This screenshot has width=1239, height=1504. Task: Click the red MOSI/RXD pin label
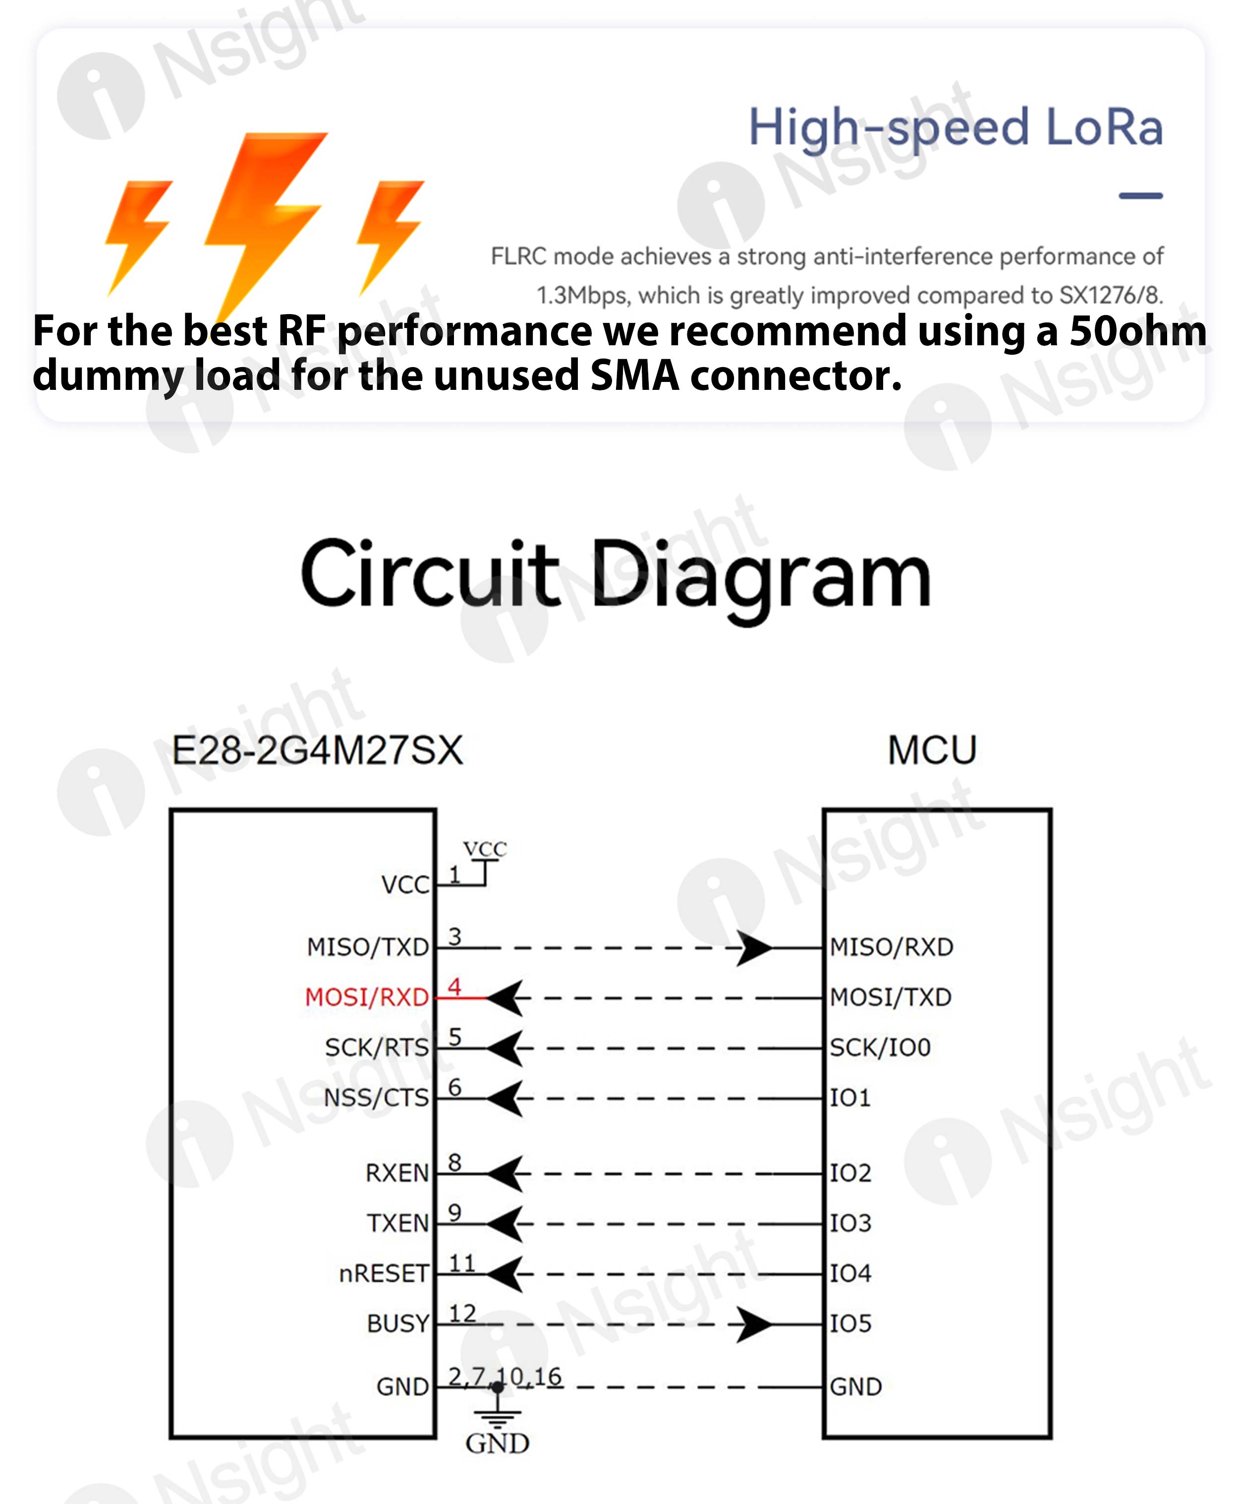coord(366,997)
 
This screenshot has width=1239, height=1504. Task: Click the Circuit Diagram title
coord(615,575)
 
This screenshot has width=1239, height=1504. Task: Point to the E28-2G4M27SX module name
coord(318,751)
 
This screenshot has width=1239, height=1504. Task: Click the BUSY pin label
coord(397,1324)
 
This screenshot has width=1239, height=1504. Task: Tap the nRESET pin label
coord(383,1274)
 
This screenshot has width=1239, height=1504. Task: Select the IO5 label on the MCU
coord(850,1324)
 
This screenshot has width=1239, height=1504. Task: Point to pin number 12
coord(462,1313)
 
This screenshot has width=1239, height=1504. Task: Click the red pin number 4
coord(454,987)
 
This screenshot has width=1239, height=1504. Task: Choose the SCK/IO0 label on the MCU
coord(880,1047)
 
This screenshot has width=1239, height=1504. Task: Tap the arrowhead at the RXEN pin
coord(506,1174)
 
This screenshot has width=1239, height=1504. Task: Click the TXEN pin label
coord(397,1223)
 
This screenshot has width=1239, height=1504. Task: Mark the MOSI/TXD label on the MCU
coord(891,997)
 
